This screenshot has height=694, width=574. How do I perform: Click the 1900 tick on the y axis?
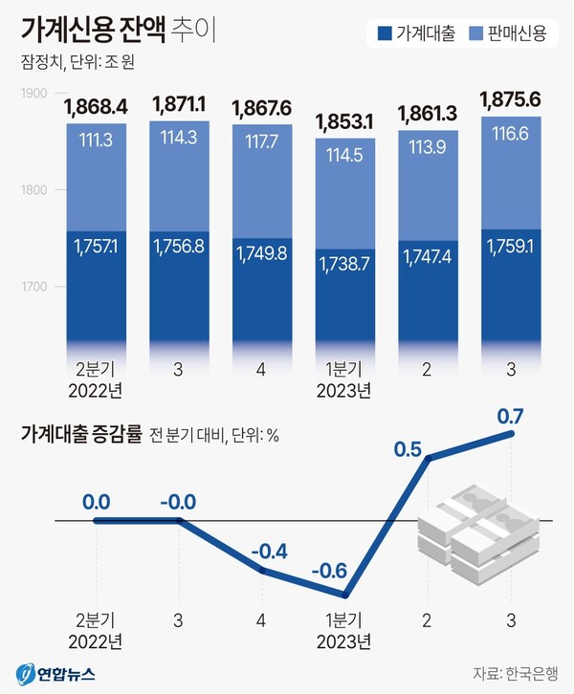(x=34, y=93)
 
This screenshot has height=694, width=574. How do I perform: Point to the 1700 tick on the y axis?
(x=34, y=286)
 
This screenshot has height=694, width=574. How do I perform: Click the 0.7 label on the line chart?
(x=512, y=415)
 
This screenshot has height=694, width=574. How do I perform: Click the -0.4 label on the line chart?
(x=267, y=551)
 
